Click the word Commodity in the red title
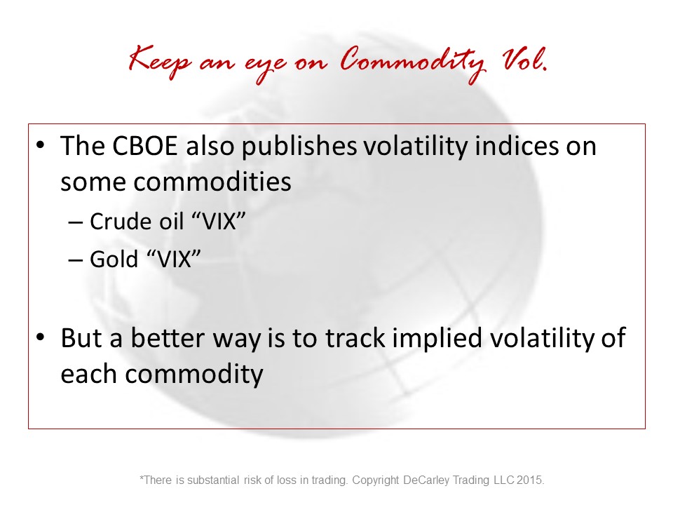pos(413,63)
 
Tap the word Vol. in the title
pos(525,60)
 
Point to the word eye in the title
pos(265,67)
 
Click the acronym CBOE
pos(144,146)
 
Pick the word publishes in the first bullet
pos(299,147)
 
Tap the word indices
pos(517,146)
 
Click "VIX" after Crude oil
pos(218,222)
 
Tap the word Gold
pos(114,259)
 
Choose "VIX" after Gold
pos(173,259)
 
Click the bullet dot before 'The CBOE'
pos(41,145)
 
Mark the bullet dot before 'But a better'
pos(41,337)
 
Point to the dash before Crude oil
pos(75,223)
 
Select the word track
pos(355,337)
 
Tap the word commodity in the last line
pos(194,375)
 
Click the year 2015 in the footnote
pos(530,480)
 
